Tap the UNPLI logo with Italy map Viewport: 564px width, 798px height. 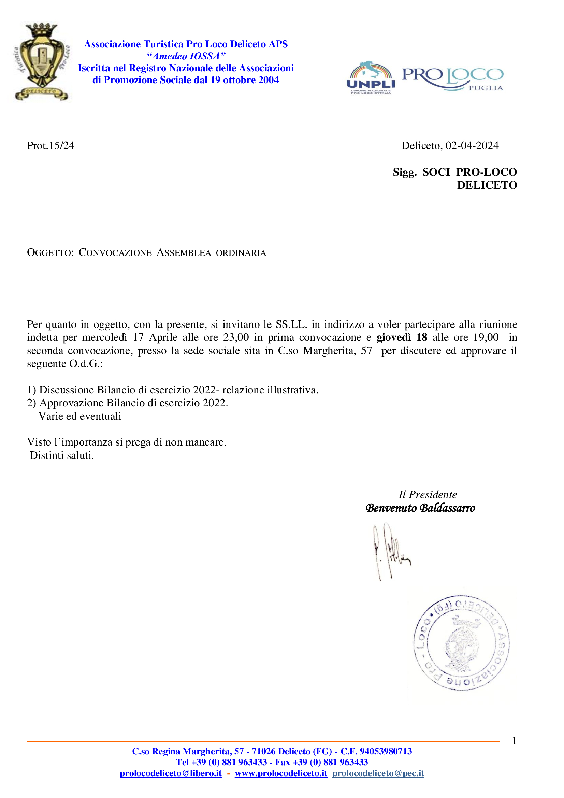371,77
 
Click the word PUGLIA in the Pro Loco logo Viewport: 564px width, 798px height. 486,88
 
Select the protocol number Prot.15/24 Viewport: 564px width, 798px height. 51,146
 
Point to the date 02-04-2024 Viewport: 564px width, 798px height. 472,146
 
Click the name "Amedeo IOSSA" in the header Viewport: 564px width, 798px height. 186,56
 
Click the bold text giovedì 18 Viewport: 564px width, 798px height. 402,337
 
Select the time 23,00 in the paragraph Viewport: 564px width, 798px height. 236,337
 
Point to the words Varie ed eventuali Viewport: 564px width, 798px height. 80,416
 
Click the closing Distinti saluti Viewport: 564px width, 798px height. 62,455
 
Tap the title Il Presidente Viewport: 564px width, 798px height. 428,495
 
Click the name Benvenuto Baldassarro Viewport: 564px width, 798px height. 420,508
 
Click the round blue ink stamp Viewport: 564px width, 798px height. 462,643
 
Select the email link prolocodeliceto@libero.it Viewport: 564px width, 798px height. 171,773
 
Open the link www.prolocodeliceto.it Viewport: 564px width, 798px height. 281,773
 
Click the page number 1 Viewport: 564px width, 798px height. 514,741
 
